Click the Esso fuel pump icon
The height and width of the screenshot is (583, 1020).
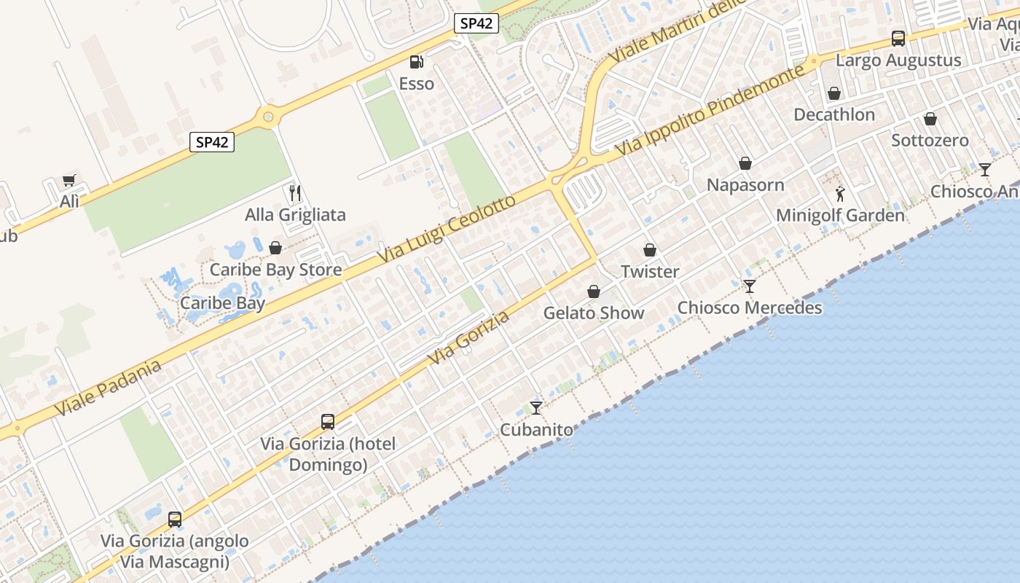[x=416, y=63]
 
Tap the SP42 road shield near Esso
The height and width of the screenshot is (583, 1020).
[x=476, y=23]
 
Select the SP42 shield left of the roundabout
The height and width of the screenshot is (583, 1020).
[x=212, y=142]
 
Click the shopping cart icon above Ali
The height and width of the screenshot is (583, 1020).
[x=69, y=180]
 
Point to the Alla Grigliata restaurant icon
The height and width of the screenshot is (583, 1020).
[x=295, y=193]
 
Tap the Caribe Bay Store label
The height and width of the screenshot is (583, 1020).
[x=275, y=270]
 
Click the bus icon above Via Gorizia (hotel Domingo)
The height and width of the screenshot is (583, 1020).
[x=328, y=421]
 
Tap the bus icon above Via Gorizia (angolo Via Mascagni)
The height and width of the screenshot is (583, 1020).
[x=175, y=519]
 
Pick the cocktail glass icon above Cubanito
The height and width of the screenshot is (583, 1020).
[x=536, y=407]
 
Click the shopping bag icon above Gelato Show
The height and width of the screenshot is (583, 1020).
[x=594, y=291]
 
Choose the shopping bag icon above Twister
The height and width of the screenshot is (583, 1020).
[x=650, y=250]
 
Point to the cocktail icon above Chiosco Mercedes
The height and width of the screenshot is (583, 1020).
[x=750, y=286]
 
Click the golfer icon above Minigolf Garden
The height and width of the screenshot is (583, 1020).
[x=840, y=194]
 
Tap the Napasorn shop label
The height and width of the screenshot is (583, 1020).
[x=745, y=185]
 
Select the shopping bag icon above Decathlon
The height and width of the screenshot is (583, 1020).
[x=834, y=93]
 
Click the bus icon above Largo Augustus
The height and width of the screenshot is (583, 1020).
[x=898, y=39]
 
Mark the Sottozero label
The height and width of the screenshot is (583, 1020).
[x=930, y=141]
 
